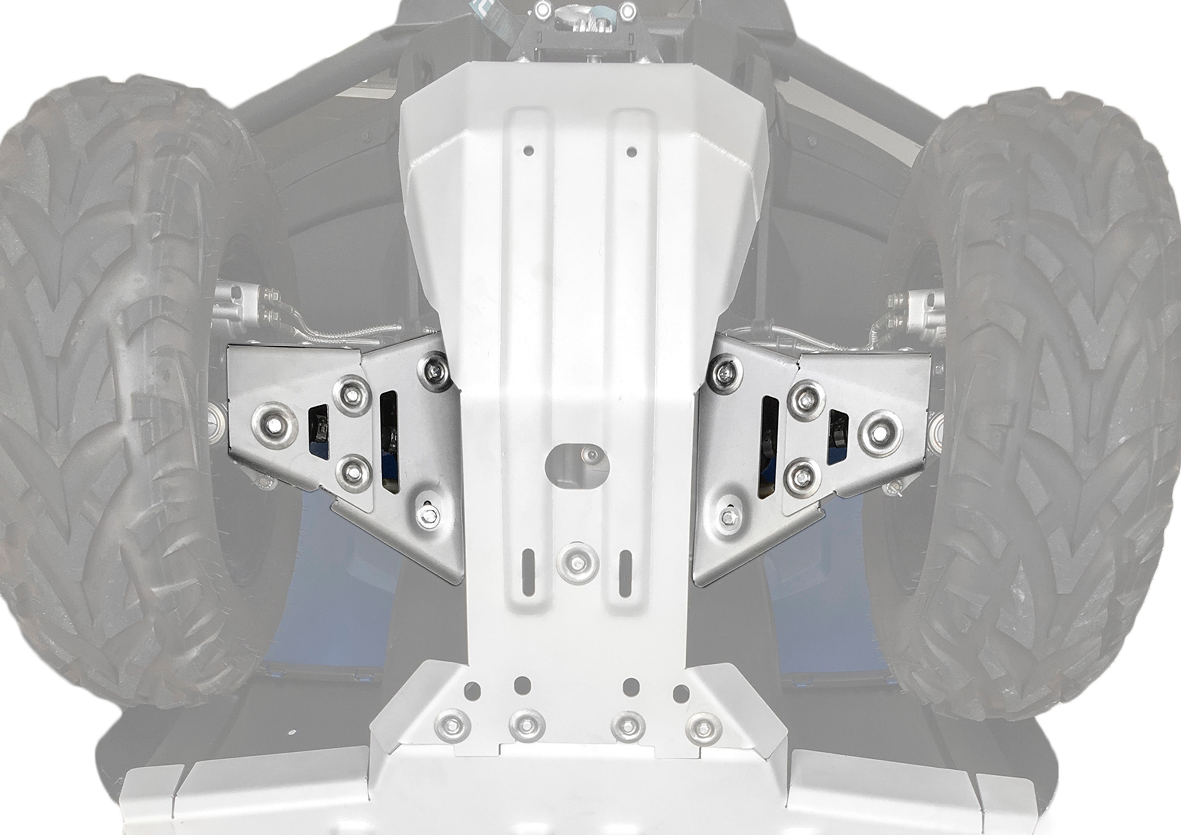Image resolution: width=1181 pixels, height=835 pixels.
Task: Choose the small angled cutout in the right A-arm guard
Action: (x=837, y=437)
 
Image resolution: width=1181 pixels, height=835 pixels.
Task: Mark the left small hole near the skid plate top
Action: (x=528, y=151)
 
